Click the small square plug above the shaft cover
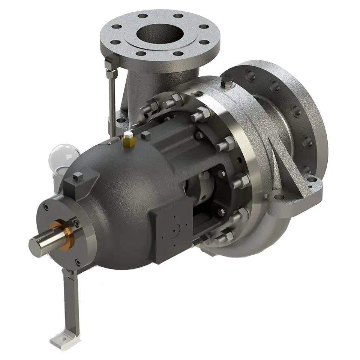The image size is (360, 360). pyautogui.click(x=78, y=176)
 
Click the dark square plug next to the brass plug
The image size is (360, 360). pyautogui.click(x=146, y=136)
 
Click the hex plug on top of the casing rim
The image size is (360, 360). pyautogui.click(x=226, y=81)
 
